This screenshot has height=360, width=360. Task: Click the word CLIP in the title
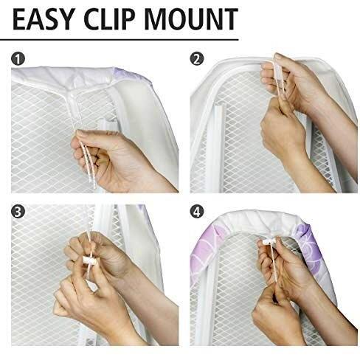(x=109, y=19)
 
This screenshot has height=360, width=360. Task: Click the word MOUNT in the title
(x=191, y=19)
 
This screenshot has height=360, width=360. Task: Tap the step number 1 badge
(x=18, y=59)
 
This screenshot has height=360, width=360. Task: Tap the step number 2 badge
(x=197, y=59)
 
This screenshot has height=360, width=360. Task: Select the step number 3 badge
(x=18, y=211)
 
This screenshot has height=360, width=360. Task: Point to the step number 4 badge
(x=197, y=211)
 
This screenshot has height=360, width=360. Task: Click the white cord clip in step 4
(x=269, y=241)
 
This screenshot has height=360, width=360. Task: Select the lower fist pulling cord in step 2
(x=283, y=133)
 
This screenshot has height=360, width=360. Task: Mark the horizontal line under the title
(x=120, y=39)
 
